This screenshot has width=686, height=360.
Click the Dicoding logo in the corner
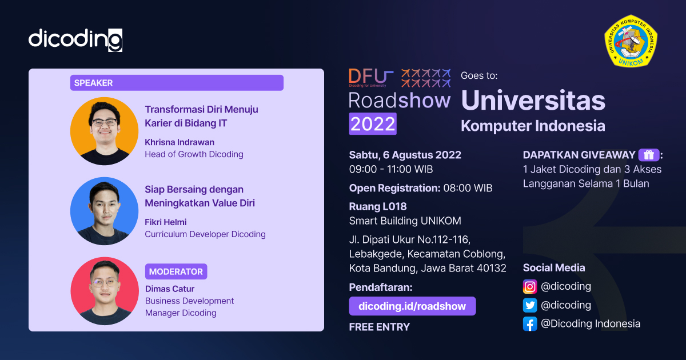point(75,39)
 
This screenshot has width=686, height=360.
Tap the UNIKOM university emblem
point(631,41)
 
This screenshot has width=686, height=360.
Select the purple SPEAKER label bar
point(177,83)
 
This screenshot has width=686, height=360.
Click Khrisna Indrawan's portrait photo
point(104,131)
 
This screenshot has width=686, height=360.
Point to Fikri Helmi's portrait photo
point(104,211)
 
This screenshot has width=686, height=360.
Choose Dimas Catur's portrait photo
point(104,291)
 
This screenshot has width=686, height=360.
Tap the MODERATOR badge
point(176,271)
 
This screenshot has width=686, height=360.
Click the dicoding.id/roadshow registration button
point(412,306)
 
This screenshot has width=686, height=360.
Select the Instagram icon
point(530,286)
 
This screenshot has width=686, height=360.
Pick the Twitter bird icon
point(530,305)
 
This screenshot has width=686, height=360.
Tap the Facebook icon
point(530,324)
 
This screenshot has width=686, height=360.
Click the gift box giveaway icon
point(648,155)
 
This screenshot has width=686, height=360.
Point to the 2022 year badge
point(373,123)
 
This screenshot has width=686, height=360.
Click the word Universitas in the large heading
point(533,101)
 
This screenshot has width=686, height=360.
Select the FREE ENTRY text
point(380,327)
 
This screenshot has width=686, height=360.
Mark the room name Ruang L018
point(378,207)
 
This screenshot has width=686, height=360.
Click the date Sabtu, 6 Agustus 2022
point(405,155)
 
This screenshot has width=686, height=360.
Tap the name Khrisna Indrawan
point(180,142)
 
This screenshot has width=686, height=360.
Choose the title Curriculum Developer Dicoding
point(205,234)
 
